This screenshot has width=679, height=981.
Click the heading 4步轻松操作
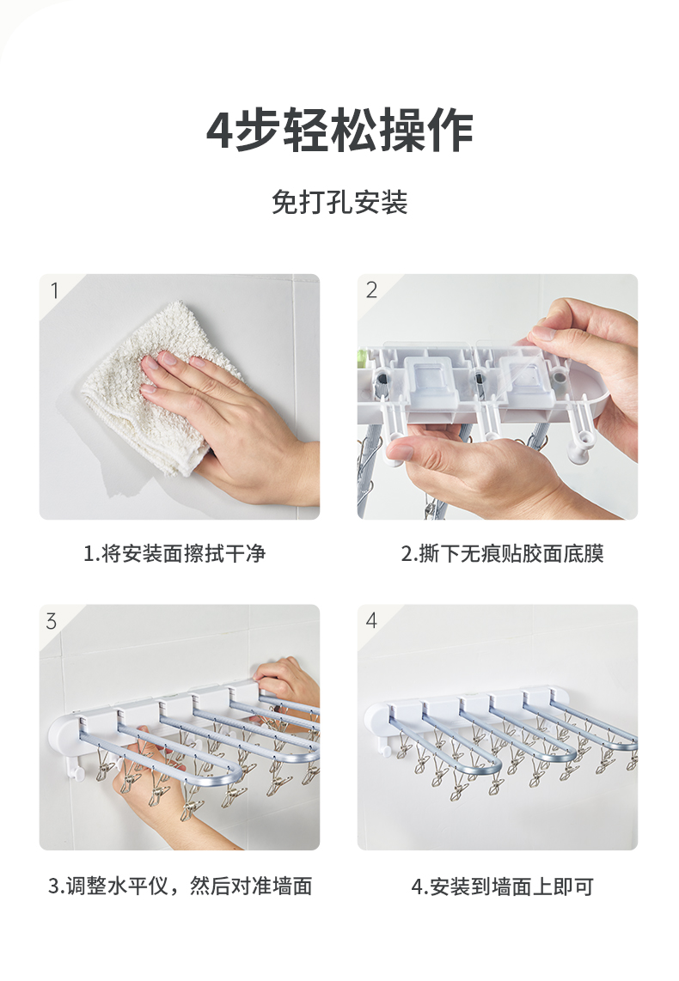pyautogui.click(x=339, y=130)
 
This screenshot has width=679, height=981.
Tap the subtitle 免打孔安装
pyautogui.click(x=339, y=202)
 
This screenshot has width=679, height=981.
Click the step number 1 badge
pyautogui.click(x=54, y=290)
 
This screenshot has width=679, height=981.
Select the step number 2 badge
pyautogui.click(x=371, y=289)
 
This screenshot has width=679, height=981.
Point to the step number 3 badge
pyautogui.click(x=52, y=620)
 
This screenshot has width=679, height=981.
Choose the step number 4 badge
pyautogui.click(x=371, y=620)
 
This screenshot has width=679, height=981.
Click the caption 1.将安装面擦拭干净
pyautogui.click(x=174, y=553)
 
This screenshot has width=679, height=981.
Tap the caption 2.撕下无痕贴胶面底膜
pyautogui.click(x=503, y=553)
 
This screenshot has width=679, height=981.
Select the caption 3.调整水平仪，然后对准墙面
pyautogui.click(x=180, y=886)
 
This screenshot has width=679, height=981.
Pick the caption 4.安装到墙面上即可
pyautogui.click(x=503, y=886)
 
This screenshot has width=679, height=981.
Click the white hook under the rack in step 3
pyautogui.click(x=77, y=767)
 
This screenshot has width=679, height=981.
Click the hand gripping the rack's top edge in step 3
pyautogui.click(x=288, y=679)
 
